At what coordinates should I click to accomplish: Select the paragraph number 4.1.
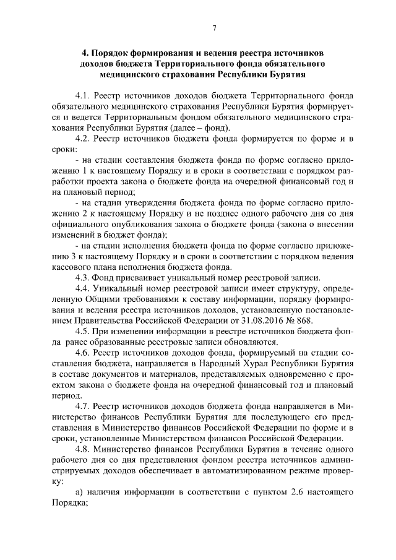click(x=83, y=97)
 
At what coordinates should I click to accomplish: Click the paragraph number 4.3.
click(x=83, y=277)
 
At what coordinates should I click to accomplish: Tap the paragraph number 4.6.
click(x=83, y=353)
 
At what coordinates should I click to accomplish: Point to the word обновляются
click(x=248, y=342)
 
